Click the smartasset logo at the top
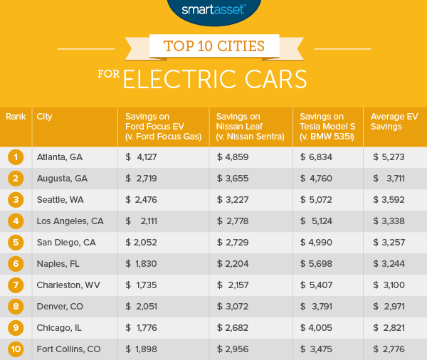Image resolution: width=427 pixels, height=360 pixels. (x=213, y=9)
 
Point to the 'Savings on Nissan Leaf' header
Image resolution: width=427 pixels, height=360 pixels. (x=236, y=121)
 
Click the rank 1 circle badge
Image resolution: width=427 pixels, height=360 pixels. (x=15, y=157)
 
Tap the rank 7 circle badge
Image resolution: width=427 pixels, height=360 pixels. (x=15, y=285)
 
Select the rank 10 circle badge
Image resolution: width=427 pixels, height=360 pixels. (x=15, y=349)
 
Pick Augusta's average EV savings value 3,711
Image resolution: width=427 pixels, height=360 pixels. (x=394, y=178)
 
